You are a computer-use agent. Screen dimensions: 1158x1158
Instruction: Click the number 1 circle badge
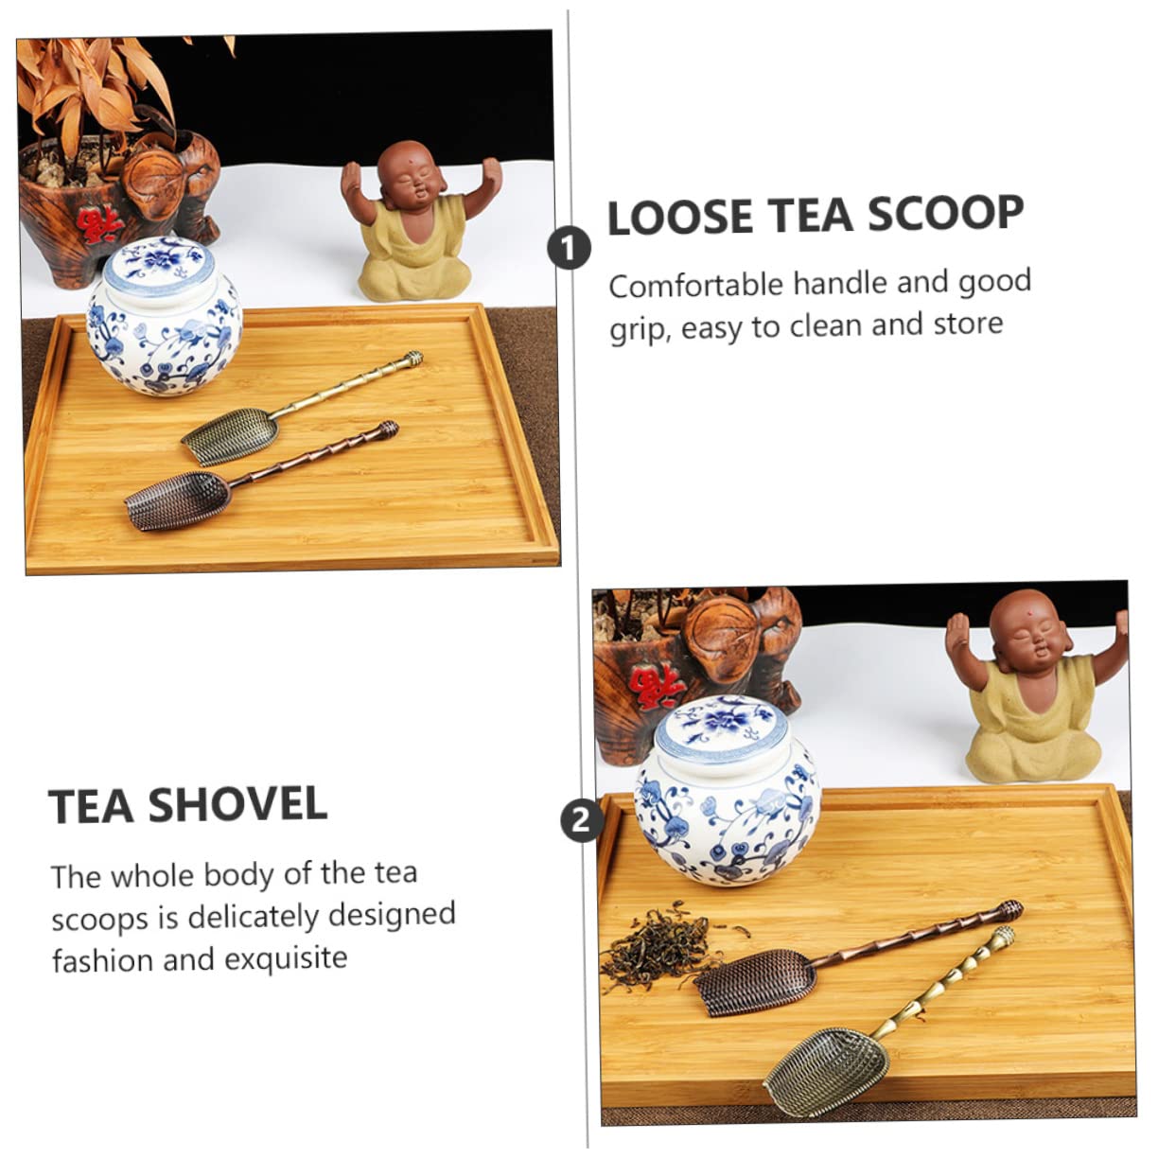(569, 249)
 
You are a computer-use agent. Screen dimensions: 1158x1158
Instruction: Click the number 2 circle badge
(581, 819)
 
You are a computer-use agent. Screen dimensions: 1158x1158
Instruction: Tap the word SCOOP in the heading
(945, 214)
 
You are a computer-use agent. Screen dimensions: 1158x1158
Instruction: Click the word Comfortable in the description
(695, 285)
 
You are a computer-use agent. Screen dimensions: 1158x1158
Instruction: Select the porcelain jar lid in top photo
(159, 264)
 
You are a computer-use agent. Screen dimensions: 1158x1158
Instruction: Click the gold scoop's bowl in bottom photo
(825, 1069)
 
